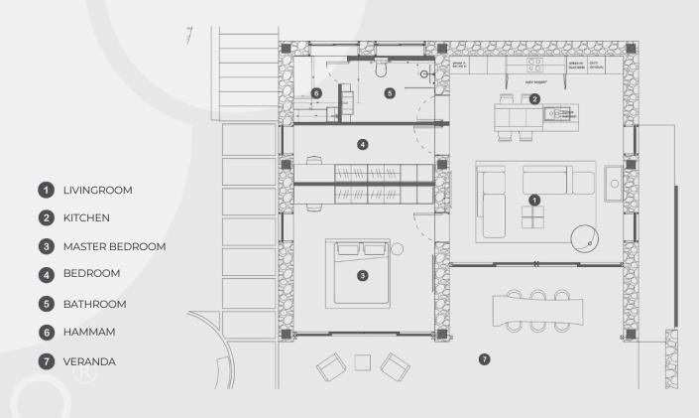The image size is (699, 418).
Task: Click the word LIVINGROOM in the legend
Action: pyautogui.click(x=97, y=190)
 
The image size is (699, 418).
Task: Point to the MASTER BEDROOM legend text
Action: pyautogui.click(x=113, y=246)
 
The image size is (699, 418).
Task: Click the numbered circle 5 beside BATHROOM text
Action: pyautogui.click(x=45, y=304)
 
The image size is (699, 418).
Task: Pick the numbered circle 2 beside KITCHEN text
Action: pyautogui.click(x=45, y=217)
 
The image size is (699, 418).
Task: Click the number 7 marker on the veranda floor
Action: pyautogui.click(x=484, y=358)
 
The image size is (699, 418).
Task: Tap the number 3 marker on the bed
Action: pyautogui.click(x=363, y=274)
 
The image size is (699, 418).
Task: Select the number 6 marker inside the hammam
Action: pyautogui.click(x=316, y=92)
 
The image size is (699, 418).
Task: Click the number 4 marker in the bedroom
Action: pyautogui.click(x=363, y=145)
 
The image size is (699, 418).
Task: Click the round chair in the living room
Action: pyautogui.click(x=586, y=237)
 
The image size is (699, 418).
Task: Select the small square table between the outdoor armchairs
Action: pyautogui.click(x=363, y=362)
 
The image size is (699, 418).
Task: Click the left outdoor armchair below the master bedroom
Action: pyautogui.click(x=331, y=367)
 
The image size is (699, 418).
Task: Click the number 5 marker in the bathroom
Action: pyautogui.click(x=390, y=92)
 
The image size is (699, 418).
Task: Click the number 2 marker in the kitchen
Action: pyautogui.click(x=534, y=98)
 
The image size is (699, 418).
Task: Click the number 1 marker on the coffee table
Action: pyautogui.click(x=534, y=200)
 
